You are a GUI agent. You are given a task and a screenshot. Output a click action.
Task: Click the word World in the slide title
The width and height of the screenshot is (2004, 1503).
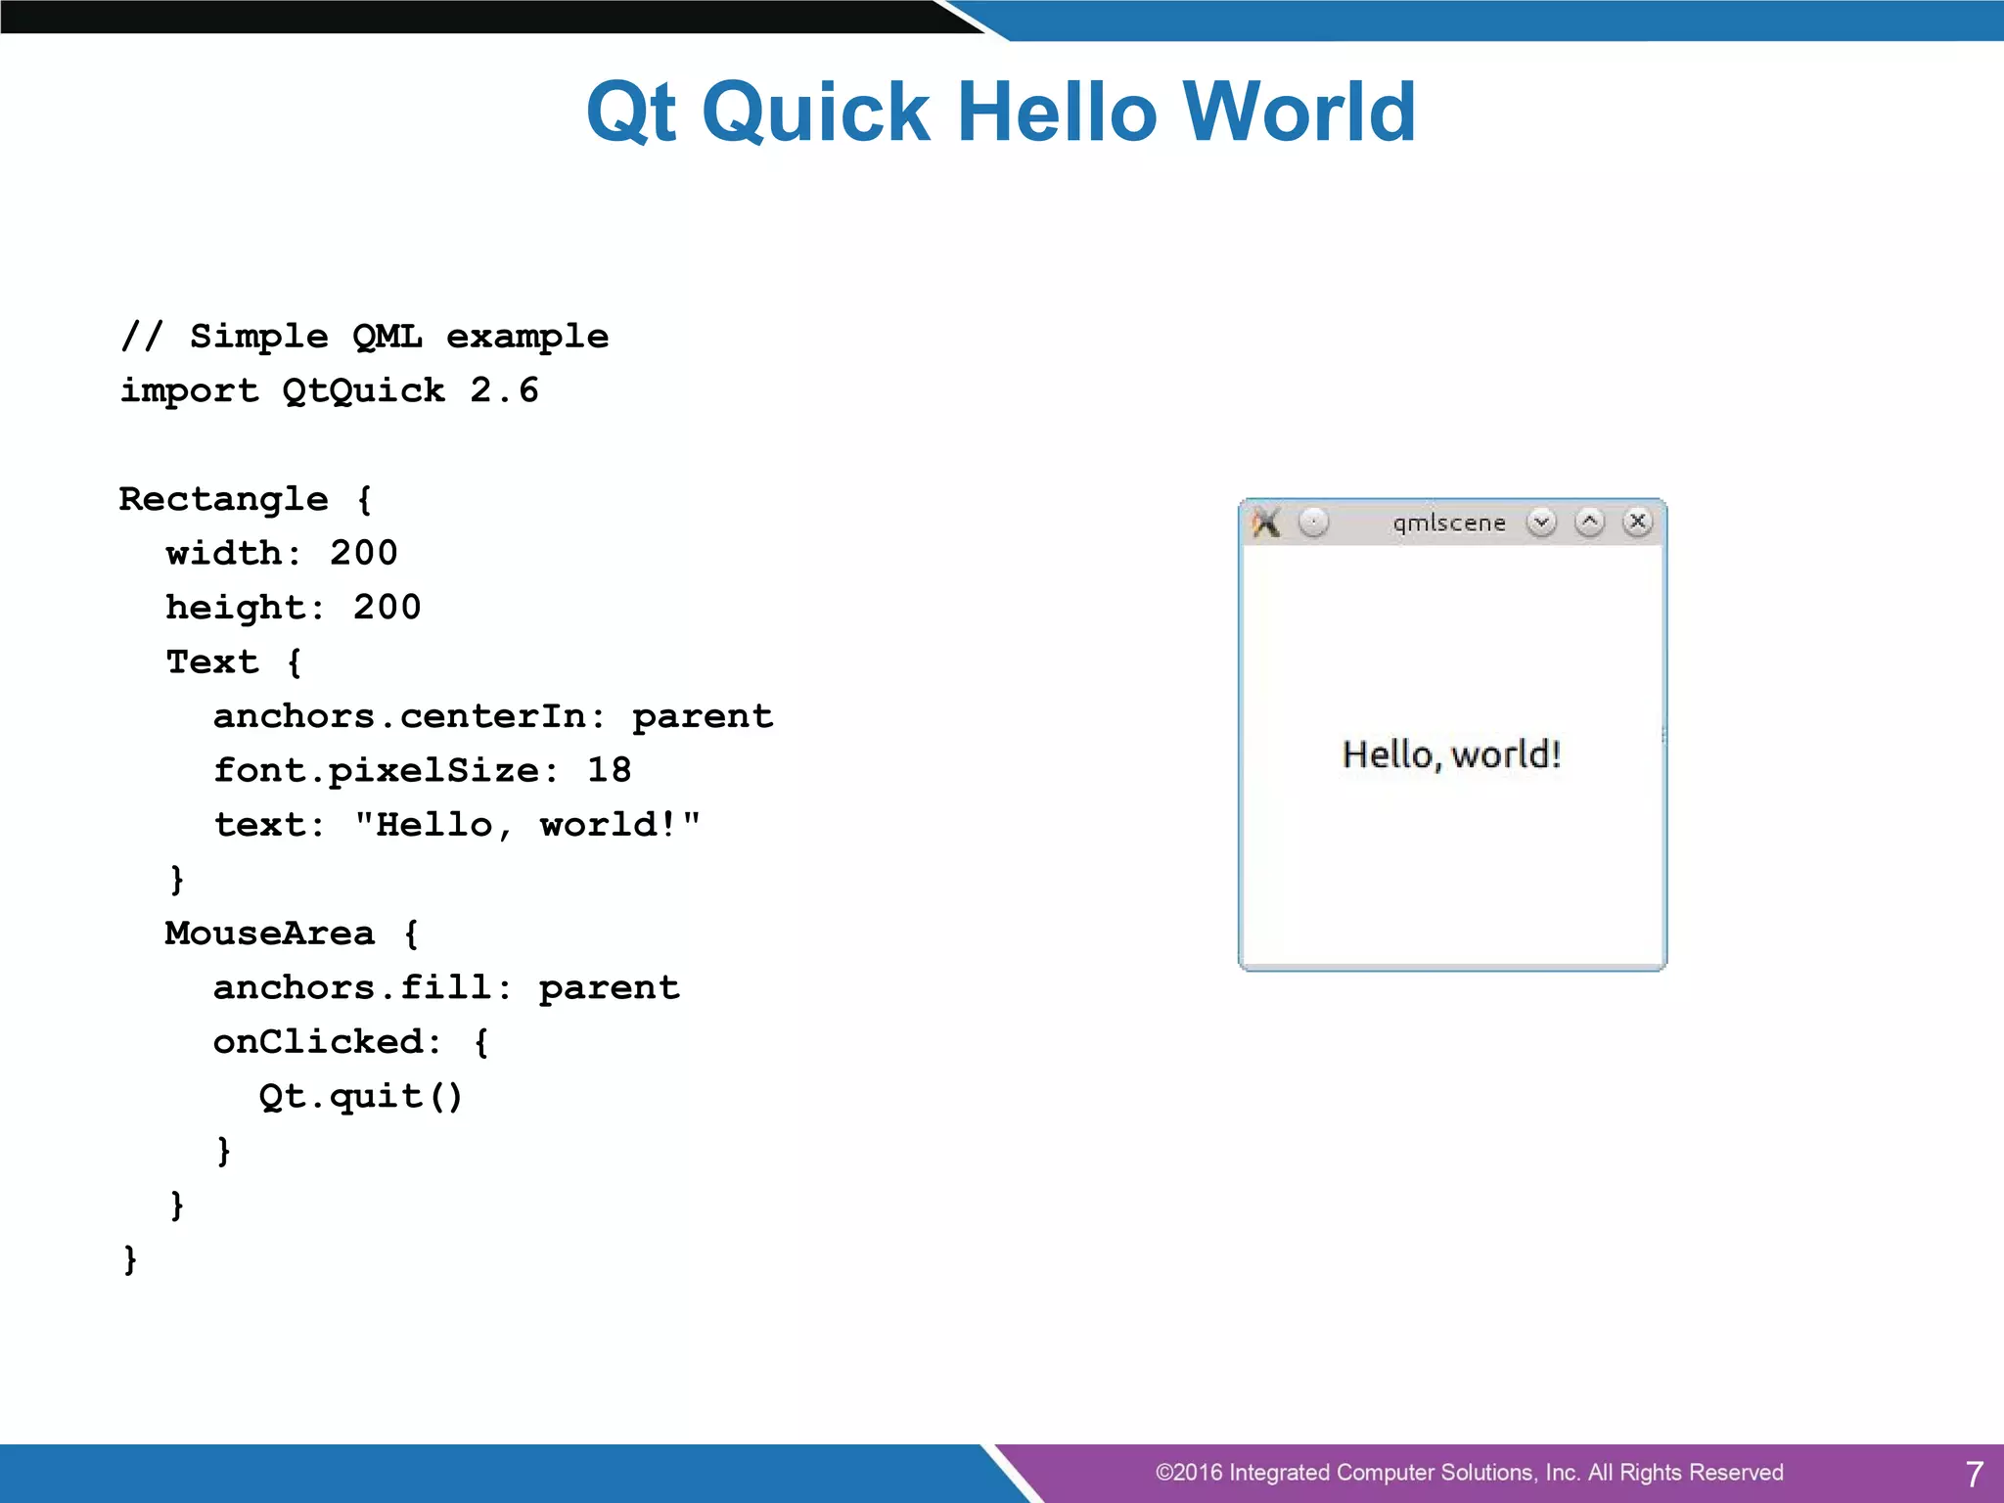(1299, 112)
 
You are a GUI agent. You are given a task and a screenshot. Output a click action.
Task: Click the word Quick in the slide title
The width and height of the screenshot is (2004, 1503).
(815, 112)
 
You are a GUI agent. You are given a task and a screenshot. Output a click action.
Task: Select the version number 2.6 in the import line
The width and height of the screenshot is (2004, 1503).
(504, 390)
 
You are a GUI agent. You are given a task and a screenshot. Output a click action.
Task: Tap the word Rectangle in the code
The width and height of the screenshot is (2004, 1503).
(223, 499)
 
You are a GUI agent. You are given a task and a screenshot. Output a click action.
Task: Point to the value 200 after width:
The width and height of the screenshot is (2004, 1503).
(363, 553)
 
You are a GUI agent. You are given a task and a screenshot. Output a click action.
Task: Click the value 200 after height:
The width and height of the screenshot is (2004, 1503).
(387, 608)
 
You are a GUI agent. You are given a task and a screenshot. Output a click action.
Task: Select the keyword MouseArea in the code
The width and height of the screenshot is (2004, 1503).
(270, 934)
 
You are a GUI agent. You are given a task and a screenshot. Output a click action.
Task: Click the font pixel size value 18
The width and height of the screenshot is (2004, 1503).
(609, 770)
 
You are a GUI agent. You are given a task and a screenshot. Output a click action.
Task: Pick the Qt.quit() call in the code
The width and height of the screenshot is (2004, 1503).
(360, 1096)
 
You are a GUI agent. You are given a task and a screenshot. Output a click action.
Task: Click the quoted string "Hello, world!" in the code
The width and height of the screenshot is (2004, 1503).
(527, 825)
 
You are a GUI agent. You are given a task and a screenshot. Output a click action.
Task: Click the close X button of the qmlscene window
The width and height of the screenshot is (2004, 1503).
(1637, 522)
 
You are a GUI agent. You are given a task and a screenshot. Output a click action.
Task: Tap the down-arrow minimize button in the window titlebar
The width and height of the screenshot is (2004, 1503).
(1541, 523)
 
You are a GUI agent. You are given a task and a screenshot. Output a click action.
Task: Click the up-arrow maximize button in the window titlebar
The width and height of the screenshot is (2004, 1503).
(1589, 523)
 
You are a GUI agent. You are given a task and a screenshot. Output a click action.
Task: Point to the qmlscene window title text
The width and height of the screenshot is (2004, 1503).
(1449, 523)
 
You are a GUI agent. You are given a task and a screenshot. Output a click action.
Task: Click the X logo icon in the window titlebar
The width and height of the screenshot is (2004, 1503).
(1266, 523)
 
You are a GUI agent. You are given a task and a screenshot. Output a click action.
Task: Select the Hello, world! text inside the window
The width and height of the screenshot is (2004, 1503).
(1451, 754)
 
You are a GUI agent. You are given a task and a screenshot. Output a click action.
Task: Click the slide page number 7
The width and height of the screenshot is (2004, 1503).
(1974, 1474)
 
